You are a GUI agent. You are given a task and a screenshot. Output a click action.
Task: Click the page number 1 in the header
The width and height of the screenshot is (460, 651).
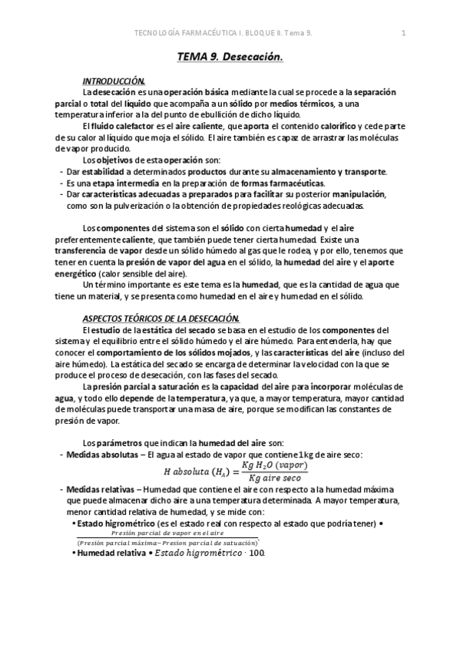pyautogui.click(x=404, y=32)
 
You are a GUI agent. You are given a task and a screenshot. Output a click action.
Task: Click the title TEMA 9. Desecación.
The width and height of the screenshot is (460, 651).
pyautogui.click(x=230, y=57)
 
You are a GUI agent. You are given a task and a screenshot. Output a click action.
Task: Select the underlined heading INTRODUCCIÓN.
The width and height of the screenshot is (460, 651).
pyautogui.click(x=114, y=81)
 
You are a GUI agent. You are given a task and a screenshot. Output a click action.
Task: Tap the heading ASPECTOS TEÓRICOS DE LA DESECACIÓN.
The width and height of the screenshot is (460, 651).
pyautogui.click(x=161, y=319)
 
